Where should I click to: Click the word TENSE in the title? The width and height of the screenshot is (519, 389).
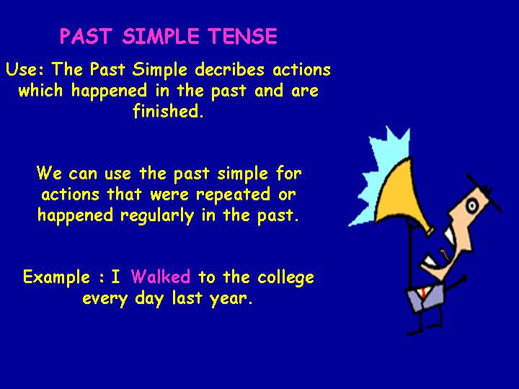coord(243,36)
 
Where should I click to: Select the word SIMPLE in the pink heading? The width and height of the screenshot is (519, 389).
coord(161,36)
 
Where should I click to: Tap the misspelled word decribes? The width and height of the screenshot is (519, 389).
coord(230,70)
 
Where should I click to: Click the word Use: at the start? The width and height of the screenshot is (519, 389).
coord(25,70)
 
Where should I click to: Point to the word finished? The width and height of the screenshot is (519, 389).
coord(168,111)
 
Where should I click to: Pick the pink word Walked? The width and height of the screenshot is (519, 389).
coord(161,277)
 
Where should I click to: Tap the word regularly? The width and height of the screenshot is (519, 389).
coord(158,216)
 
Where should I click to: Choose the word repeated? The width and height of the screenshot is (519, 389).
coord(233,194)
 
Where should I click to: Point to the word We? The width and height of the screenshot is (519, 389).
coord(49,173)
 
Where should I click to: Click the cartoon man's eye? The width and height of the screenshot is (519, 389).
coord(471,206)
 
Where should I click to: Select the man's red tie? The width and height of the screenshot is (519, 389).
coord(423,292)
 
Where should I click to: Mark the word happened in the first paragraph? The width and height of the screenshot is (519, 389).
coord(110,91)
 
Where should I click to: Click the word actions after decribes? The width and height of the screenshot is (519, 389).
coord(301,70)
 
